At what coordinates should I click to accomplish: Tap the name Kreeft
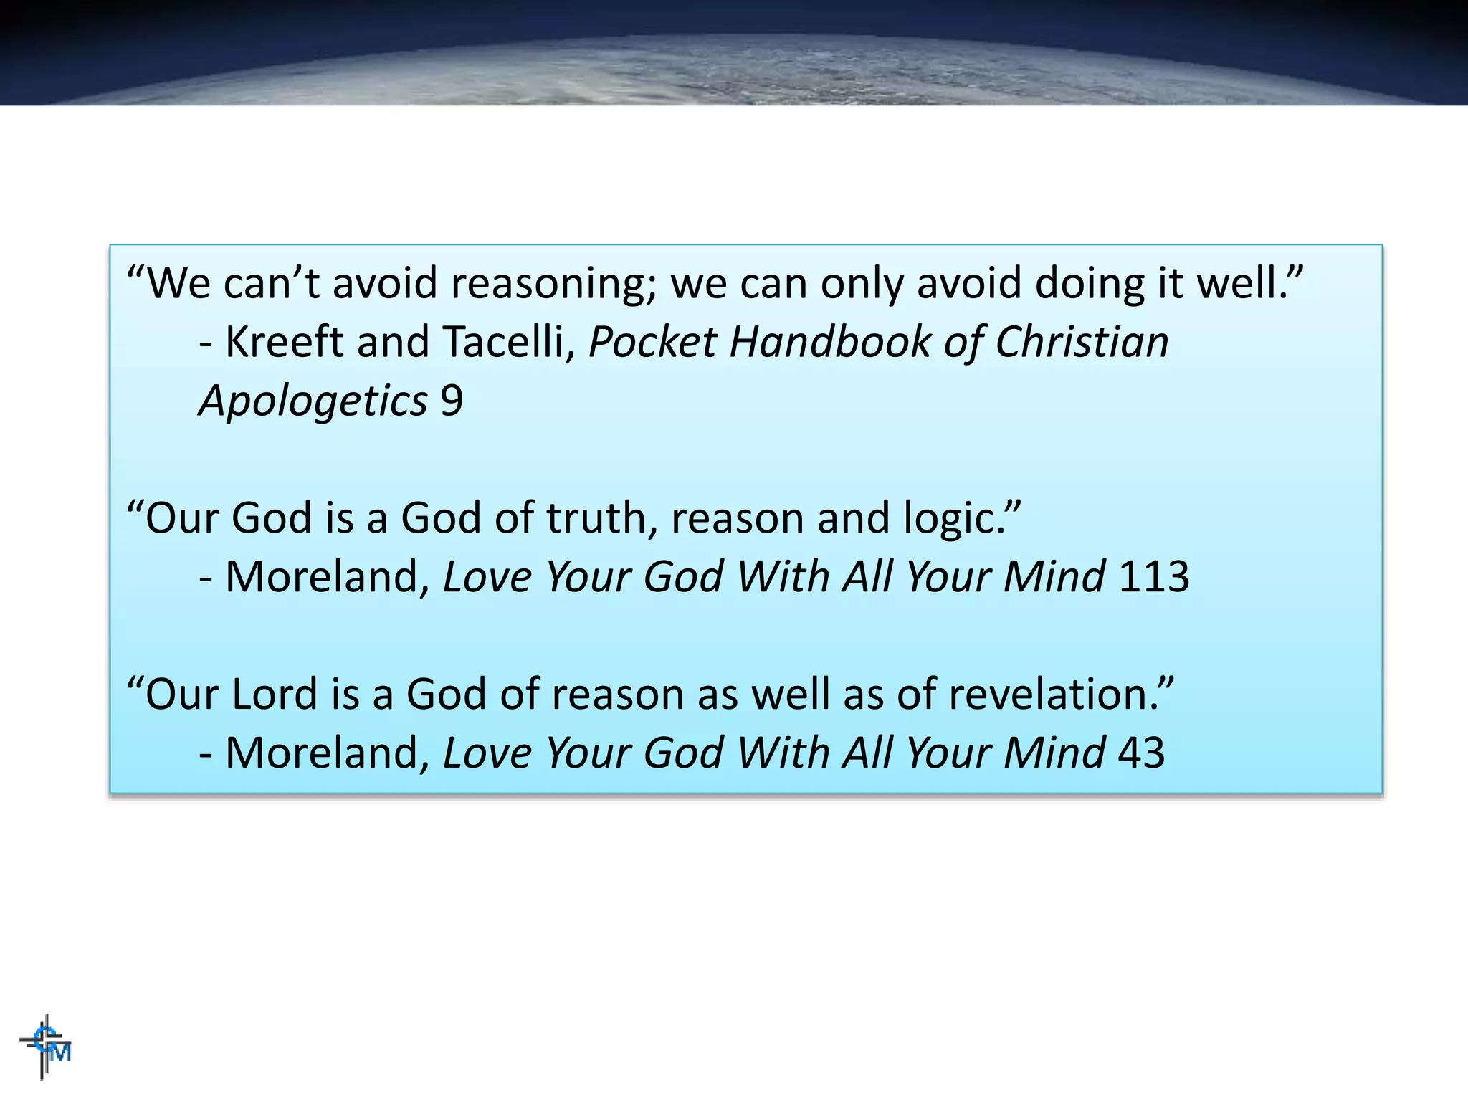(285, 341)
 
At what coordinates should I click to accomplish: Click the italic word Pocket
(652, 341)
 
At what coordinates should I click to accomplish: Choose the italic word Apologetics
(313, 401)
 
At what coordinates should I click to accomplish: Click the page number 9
(452, 400)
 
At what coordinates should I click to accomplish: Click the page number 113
(1153, 576)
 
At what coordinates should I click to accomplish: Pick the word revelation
(1054, 694)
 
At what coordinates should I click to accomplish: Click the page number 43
(1141, 753)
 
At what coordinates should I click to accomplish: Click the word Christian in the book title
(1082, 341)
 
